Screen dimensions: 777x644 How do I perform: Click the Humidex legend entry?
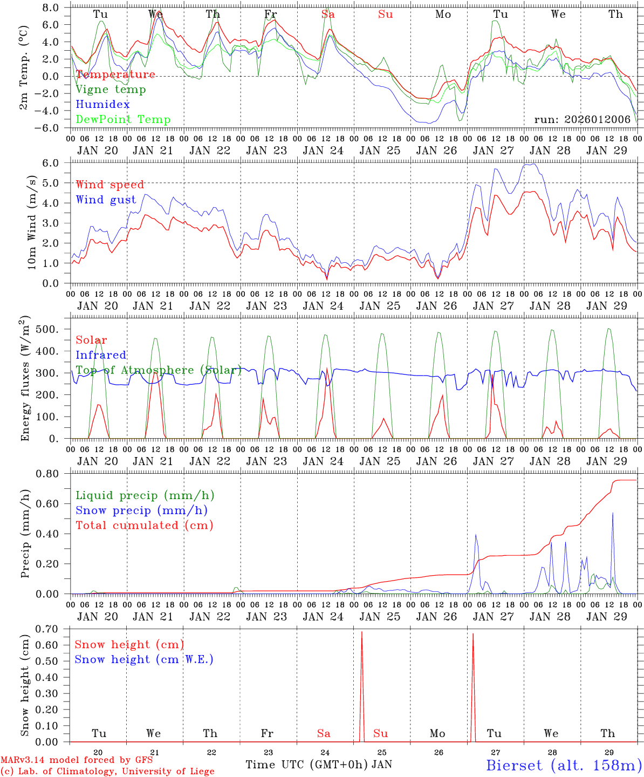pyautogui.click(x=102, y=105)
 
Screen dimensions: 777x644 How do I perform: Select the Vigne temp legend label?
pyautogui.click(x=111, y=90)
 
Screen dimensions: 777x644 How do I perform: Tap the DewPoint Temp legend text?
pyautogui.click(x=123, y=120)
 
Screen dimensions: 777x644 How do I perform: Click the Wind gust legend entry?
pyautogui.click(x=106, y=200)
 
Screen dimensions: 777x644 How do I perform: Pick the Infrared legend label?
pyautogui.click(x=101, y=355)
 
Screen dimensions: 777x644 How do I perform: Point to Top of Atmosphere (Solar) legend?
pyautogui.click(x=159, y=370)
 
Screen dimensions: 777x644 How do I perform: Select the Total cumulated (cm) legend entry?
pyautogui.click(x=145, y=525)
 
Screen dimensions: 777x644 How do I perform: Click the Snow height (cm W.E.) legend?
pyautogui.click(x=144, y=659)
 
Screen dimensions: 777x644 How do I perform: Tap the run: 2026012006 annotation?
pyautogui.click(x=583, y=119)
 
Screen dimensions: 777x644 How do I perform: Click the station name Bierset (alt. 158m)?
pyautogui.click(x=564, y=765)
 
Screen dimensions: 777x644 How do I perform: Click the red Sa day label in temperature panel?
pyautogui.click(x=328, y=15)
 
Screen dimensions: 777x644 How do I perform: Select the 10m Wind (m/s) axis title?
pyautogui.click(x=32, y=222)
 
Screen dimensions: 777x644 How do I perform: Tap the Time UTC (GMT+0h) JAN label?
pyautogui.click(x=319, y=765)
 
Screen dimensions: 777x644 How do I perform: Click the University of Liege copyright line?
pyautogui.click(x=107, y=771)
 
